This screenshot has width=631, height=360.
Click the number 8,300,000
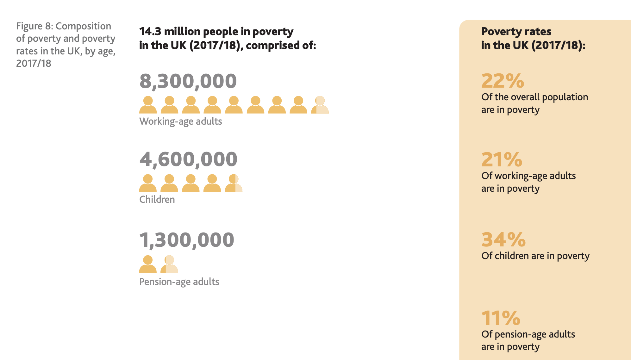pos(188,81)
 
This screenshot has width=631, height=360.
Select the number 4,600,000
pos(188,159)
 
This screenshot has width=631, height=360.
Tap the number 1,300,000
pos(187,240)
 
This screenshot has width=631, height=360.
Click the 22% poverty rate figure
pos(503,81)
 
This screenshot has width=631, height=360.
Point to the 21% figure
pos(502,159)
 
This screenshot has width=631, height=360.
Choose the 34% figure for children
pos(503,239)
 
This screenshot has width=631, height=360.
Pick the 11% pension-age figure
pos(501,318)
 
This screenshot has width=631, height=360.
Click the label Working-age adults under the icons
pos(181,121)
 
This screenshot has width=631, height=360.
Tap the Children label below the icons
pos(157,200)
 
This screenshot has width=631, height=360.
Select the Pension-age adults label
pos(179,282)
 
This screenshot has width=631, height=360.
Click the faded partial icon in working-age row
pos(320,105)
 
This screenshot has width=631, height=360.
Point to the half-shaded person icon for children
pos(234,183)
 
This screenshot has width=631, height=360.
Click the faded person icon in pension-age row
pos(169,264)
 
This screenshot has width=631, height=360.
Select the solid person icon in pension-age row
pos(148,264)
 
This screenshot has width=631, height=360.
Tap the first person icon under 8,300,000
pos(148,105)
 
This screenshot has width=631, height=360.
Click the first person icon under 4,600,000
pos(148,183)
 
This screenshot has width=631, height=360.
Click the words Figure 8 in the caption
pos(34,26)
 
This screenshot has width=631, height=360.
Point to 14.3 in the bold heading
pos(150,31)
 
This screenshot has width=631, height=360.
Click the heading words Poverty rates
pos(516,31)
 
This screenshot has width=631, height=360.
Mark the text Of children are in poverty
pos(535,256)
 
